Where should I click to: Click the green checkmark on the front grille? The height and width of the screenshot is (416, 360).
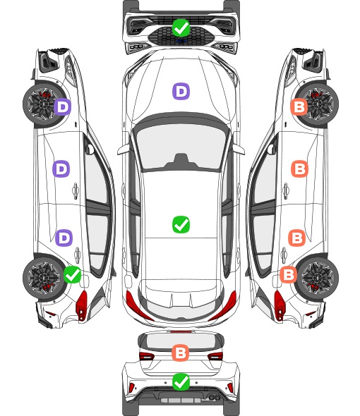(x=181, y=27)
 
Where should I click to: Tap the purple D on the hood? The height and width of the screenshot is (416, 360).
(x=181, y=91)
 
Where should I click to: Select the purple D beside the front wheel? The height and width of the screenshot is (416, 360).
(x=63, y=107)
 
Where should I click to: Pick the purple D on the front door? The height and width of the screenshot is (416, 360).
(x=61, y=169)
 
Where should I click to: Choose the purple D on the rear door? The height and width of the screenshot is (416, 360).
(x=64, y=238)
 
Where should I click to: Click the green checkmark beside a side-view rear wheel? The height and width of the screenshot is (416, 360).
(x=72, y=274)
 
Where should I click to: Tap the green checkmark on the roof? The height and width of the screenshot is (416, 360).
(x=181, y=224)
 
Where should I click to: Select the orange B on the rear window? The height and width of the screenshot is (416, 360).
(x=181, y=353)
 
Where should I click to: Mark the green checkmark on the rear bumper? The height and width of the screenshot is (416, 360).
(x=181, y=381)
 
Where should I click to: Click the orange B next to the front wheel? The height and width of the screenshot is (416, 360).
(x=299, y=107)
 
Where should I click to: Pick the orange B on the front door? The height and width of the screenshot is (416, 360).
(x=300, y=169)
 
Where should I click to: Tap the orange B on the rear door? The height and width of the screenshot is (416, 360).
(x=296, y=238)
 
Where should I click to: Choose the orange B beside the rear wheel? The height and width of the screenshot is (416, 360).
(x=289, y=274)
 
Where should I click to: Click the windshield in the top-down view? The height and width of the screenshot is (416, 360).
(x=181, y=147)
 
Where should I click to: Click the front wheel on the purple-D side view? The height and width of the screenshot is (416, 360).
(x=42, y=104)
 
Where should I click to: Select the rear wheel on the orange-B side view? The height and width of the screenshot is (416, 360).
(x=318, y=277)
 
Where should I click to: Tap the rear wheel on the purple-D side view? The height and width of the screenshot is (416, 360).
(x=42, y=277)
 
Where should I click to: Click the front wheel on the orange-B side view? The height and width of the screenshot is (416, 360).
(x=318, y=104)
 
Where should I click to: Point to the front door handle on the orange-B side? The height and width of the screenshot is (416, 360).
(x=286, y=190)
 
